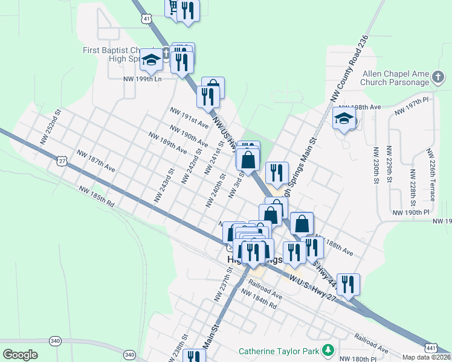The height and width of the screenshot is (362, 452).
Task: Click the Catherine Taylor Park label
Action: coord(280,351)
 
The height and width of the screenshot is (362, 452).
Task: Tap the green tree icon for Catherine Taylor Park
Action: coord(328,350)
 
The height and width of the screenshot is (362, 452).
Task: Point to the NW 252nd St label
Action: coord(51,127)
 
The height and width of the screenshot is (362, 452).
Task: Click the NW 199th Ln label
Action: coord(143,79)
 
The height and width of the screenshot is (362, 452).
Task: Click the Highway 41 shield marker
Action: coord(147,19)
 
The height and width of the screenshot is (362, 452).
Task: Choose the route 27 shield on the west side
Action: coord(62,160)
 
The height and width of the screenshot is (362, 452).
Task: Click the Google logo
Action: coord(20,355)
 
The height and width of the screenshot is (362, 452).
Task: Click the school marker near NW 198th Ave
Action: coord(344,118)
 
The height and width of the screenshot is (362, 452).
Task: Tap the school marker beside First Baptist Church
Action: coord(150,60)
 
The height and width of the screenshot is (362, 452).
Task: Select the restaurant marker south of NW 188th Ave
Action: coord(347,284)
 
